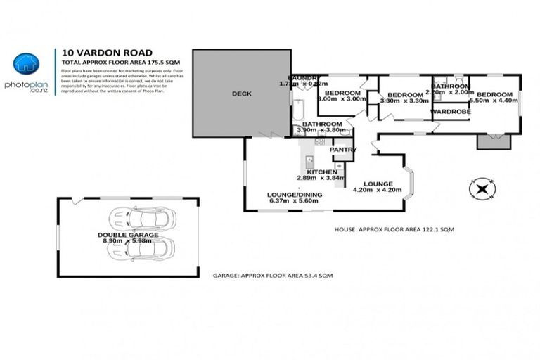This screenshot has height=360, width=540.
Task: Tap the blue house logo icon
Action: point(27,64)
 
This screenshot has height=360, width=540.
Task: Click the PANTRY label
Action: point(342,150)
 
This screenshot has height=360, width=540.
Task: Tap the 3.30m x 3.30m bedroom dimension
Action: point(404,101)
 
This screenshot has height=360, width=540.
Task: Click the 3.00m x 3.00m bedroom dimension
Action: point(342,99)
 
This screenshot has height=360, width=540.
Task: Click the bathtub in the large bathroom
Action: point(298,110)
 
